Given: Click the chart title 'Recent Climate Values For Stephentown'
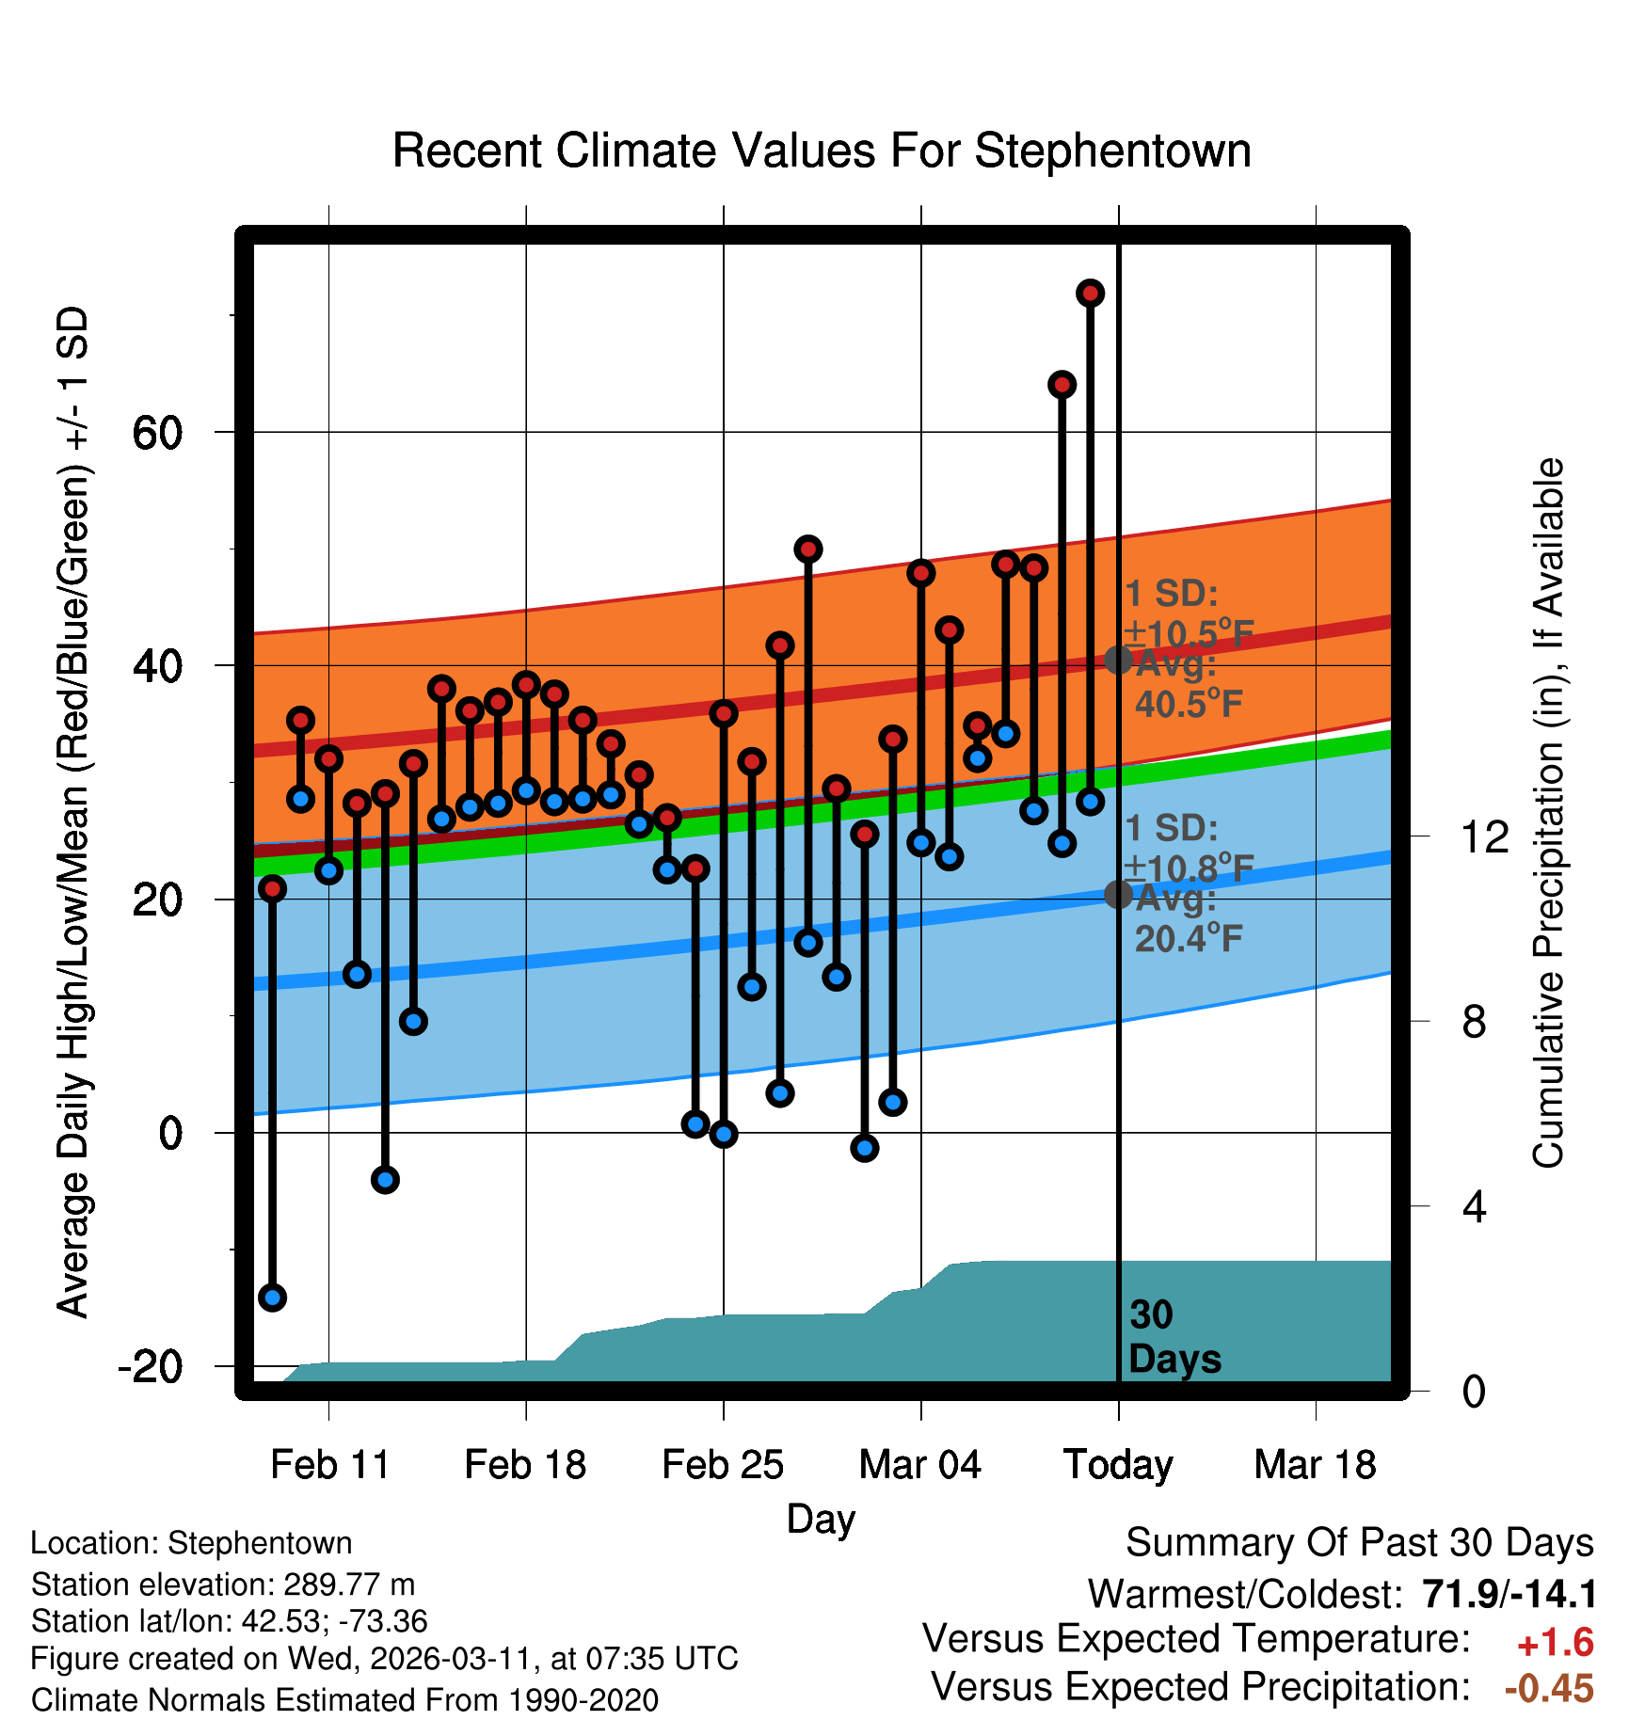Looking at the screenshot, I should pos(822,151).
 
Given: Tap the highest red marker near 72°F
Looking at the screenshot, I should pos(1090,294).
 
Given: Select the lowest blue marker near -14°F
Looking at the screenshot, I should pos(272,1298).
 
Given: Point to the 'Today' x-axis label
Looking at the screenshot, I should pos(1118,1465).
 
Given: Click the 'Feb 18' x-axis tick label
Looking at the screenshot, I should pos(525,1465).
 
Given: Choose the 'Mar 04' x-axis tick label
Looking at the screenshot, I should pos(919,1465).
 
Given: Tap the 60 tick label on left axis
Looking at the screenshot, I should pos(157,434).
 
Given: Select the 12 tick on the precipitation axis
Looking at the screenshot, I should pos(1485,836).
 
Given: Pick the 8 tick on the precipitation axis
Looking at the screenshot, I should pos(1475,1022).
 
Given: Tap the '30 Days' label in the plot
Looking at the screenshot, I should pos(1173,1337).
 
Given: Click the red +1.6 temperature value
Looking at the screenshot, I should pos(1555,1643).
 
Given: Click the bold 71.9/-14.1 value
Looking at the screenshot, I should pos(1509,1594).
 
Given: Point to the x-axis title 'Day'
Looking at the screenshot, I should pos(821,1519).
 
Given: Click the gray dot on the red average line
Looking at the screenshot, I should pos(1118,660).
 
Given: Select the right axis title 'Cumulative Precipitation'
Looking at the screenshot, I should pos(1547,813).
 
